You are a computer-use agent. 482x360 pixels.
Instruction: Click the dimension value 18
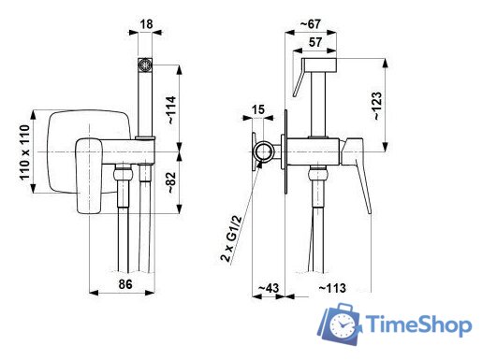[146, 23]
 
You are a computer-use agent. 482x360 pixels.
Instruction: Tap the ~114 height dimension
[172, 110]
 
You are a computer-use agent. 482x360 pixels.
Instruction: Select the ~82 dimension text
[172, 182]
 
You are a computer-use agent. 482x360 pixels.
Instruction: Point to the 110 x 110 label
[25, 152]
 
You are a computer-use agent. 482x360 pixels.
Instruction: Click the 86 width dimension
[125, 284]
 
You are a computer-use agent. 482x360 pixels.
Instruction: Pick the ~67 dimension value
[310, 24]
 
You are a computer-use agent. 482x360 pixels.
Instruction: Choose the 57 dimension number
[315, 42]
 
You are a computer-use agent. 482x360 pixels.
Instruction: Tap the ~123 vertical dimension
[376, 106]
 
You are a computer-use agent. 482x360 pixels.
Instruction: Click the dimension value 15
[257, 109]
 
